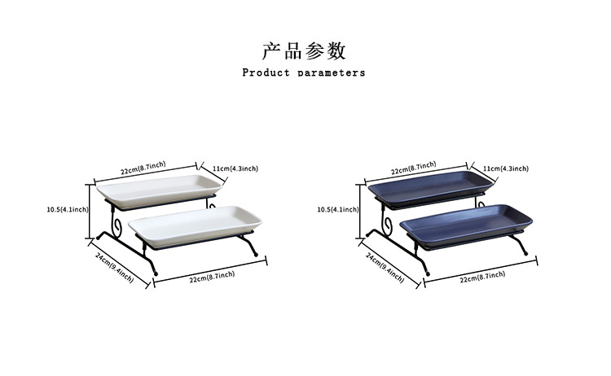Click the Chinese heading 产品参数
click(x=305, y=51)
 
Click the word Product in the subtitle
click(x=266, y=72)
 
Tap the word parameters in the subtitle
click(x=332, y=73)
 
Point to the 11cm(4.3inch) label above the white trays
click(x=235, y=168)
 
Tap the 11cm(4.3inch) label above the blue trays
click(x=505, y=168)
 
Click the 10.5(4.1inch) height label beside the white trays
click(x=68, y=209)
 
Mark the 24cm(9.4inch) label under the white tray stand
click(x=113, y=266)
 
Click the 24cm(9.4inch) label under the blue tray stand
click(x=385, y=266)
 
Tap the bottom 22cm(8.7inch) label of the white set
click(x=212, y=276)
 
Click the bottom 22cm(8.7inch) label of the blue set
click(x=482, y=276)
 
